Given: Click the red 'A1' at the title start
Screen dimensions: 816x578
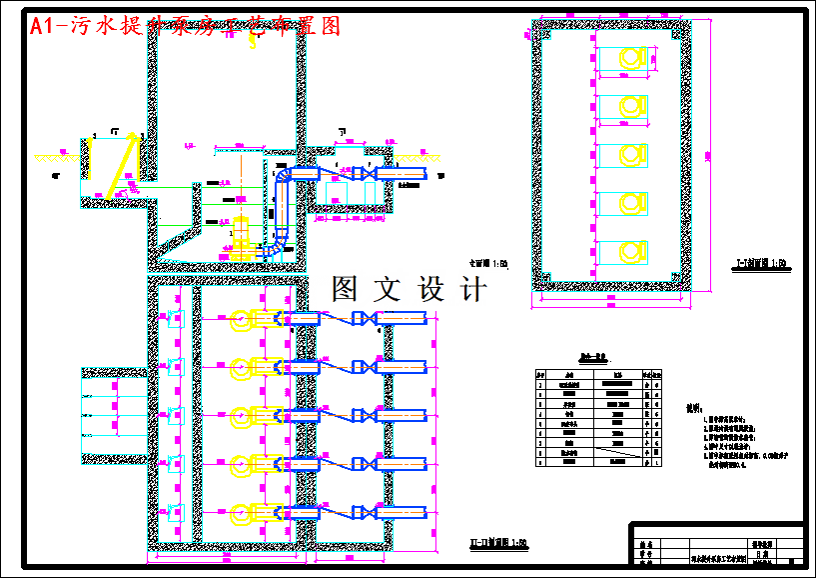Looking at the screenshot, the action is pos(42,27).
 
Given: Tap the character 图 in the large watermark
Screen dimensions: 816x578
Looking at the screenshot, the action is pos(351,290).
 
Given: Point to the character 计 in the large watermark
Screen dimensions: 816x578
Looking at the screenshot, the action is pos(470,290).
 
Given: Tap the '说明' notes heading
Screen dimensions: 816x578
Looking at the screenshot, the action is pos(696,409).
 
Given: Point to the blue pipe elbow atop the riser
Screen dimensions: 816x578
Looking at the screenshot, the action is pos(285,176).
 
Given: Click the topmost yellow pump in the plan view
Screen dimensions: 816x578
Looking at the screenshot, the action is pos(244,320).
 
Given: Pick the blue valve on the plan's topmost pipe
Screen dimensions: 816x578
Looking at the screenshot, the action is pos(370,320).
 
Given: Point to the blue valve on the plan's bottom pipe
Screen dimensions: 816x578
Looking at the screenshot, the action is pos(370,513).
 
